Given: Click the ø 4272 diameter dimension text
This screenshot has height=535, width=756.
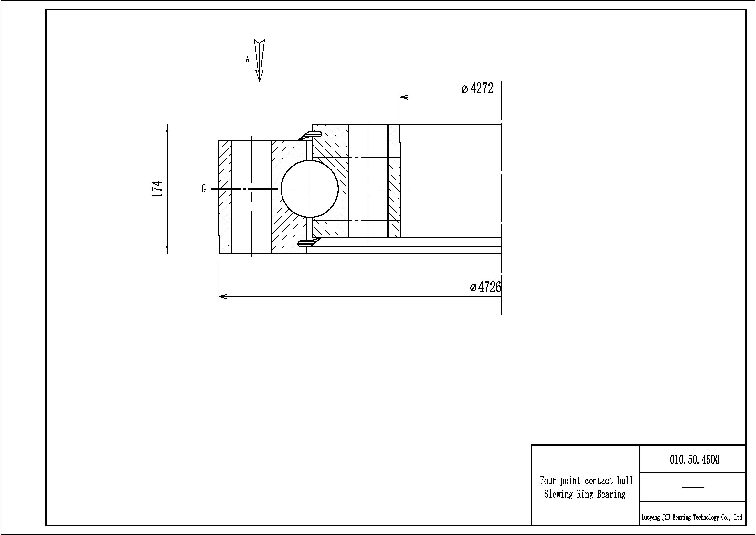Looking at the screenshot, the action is [x=477, y=88].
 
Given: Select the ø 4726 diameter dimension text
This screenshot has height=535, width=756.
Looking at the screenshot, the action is [x=485, y=287].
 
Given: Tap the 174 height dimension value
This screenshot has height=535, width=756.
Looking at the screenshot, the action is [x=157, y=189].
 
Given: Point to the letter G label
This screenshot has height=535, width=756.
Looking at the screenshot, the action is [x=204, y=189].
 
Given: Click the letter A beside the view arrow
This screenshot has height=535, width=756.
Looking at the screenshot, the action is [x=247, y=59].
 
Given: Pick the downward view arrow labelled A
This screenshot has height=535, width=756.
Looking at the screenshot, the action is [x=260, y=60].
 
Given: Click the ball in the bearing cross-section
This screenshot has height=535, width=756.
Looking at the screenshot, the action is [x=310, y=189].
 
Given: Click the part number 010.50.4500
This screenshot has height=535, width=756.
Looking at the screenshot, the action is [x=694, y=460].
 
